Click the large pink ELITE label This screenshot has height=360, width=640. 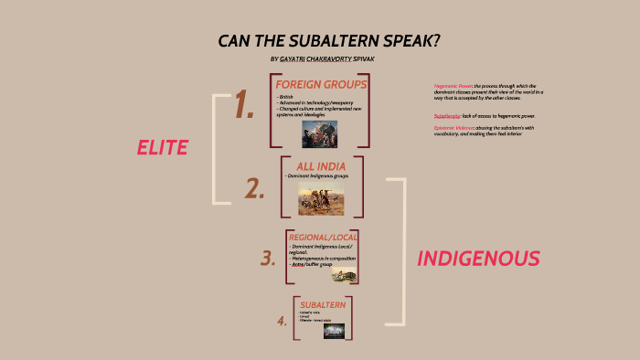coord(162,148)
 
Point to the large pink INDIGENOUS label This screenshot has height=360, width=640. coord(478,259)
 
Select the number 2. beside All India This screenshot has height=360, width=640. coord(255,188)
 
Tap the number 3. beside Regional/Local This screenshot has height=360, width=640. coord(267,259)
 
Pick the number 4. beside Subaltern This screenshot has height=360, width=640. coord(282,321)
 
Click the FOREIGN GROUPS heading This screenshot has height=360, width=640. coord(321,85)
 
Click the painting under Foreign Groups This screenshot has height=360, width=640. coord(320,133)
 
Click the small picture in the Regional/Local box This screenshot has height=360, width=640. coord(344,275)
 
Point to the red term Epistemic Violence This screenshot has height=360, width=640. coord(452,128)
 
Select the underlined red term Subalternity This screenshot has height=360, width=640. coord(447,116)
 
